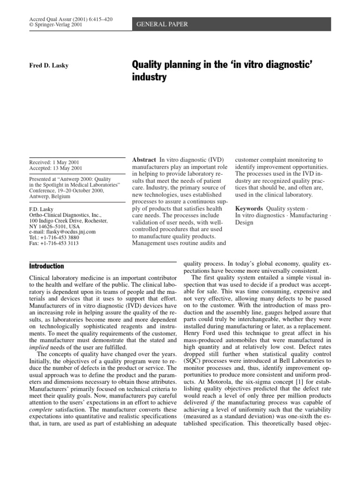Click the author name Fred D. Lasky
(x=49, y=65)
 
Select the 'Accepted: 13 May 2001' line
(x=55, y=169)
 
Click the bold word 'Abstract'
(x=144, y=160)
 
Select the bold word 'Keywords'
(x=248, y=208)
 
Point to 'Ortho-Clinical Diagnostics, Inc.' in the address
(x=68, y=214)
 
